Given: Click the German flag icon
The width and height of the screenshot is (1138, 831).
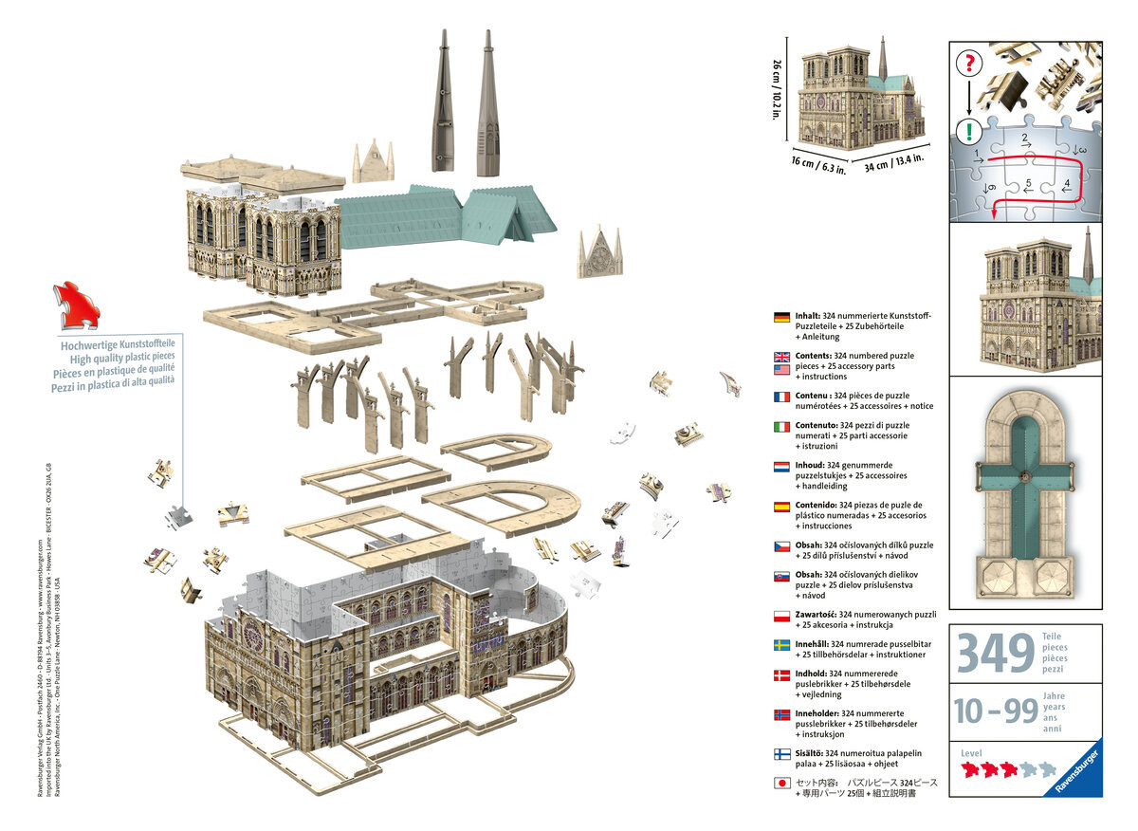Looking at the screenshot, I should coord(782,317).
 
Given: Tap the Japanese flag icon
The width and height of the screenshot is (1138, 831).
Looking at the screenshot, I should coord(782,784).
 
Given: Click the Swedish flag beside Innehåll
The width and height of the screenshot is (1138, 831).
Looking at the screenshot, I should coord(782,645).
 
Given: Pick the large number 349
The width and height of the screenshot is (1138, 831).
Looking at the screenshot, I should coord(995,655).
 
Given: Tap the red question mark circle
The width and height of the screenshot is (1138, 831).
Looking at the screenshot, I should coord(968,65).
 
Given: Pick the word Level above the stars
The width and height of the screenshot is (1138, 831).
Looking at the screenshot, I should coord(972,752).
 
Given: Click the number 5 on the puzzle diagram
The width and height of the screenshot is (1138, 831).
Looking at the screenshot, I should coord(1028,183).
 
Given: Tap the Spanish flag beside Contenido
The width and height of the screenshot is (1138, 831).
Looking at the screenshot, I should coord(782,507).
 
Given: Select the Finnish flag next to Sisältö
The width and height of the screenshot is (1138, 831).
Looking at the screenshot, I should coord(782,754).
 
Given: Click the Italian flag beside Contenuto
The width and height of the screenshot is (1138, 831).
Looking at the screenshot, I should coord(782,427).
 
